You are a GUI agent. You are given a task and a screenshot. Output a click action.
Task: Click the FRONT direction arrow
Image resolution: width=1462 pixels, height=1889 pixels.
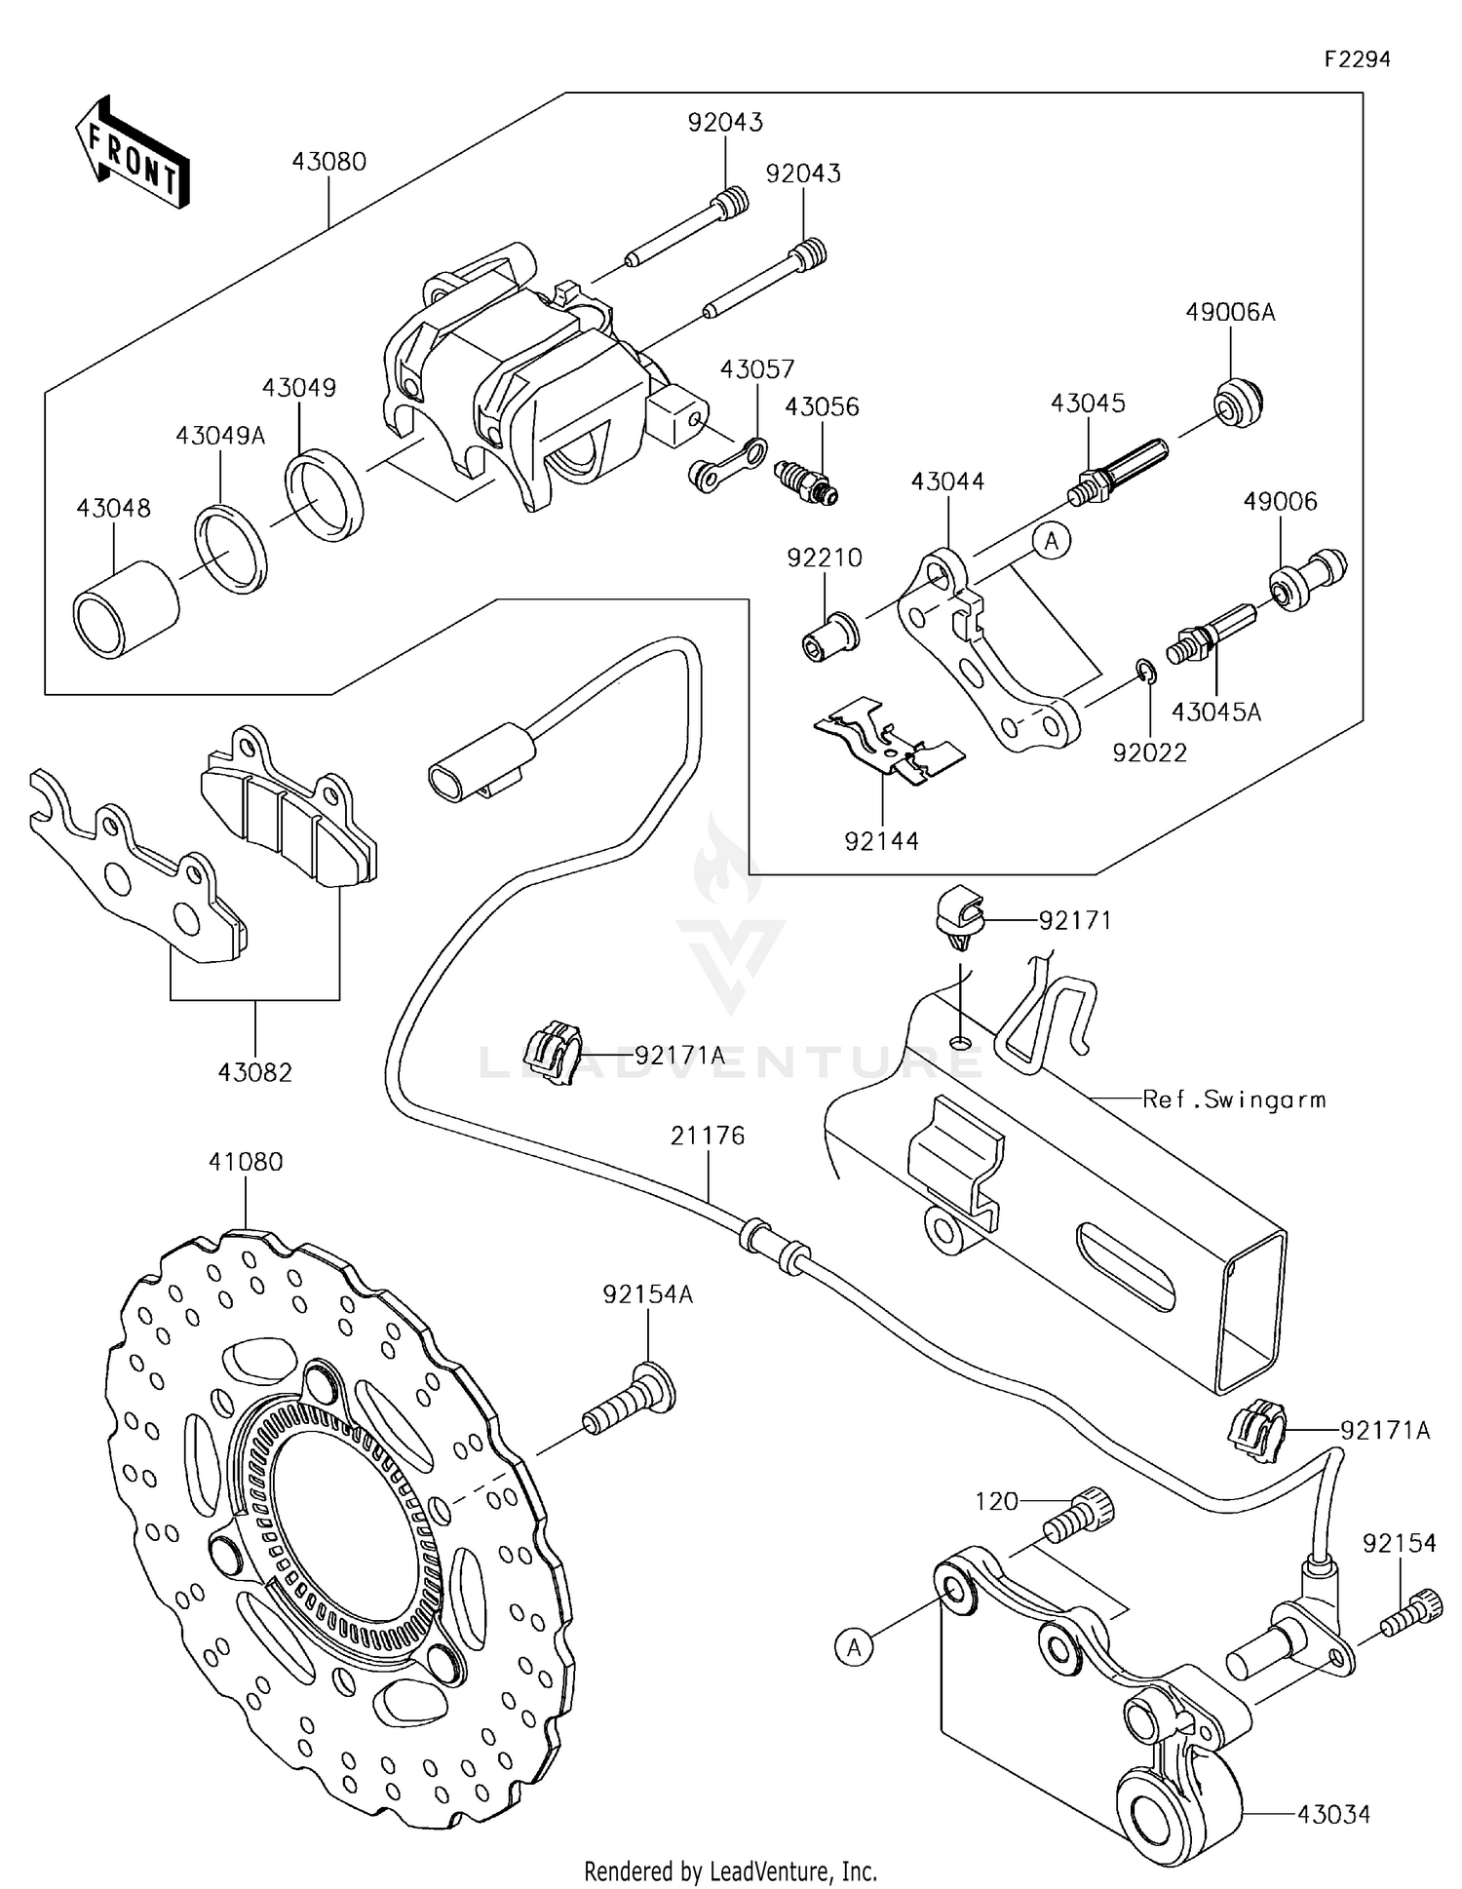point(133,154)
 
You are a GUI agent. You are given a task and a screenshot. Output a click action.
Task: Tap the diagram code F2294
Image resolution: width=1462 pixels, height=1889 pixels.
point(1357,59)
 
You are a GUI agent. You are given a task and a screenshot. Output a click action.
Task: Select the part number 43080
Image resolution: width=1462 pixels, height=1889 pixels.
point(328,162)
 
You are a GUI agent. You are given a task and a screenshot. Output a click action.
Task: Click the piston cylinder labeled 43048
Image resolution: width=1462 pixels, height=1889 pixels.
point(127,610)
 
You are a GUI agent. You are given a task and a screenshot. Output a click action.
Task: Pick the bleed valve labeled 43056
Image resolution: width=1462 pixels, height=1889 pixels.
point(805,482)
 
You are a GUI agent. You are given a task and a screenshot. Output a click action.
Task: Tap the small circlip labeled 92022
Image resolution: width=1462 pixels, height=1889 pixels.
point(1146,673)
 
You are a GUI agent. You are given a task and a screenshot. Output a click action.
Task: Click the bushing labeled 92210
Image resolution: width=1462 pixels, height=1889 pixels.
point(830,634)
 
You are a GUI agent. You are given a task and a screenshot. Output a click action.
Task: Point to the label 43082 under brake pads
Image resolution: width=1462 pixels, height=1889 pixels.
point(255,1073)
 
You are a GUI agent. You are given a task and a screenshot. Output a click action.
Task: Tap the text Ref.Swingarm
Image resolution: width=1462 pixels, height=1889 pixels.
point(1234,1099)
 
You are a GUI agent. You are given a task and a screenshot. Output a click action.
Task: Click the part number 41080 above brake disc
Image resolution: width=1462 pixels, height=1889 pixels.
point(246,1162)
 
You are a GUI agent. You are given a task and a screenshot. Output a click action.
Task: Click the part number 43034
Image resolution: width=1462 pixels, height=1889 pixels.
point(1333,1814)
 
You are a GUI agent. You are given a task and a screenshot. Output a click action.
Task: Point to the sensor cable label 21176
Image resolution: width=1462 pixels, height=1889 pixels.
point(708,1137)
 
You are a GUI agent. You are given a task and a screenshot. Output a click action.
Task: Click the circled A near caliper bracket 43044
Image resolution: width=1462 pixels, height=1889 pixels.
point(1052,541)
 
